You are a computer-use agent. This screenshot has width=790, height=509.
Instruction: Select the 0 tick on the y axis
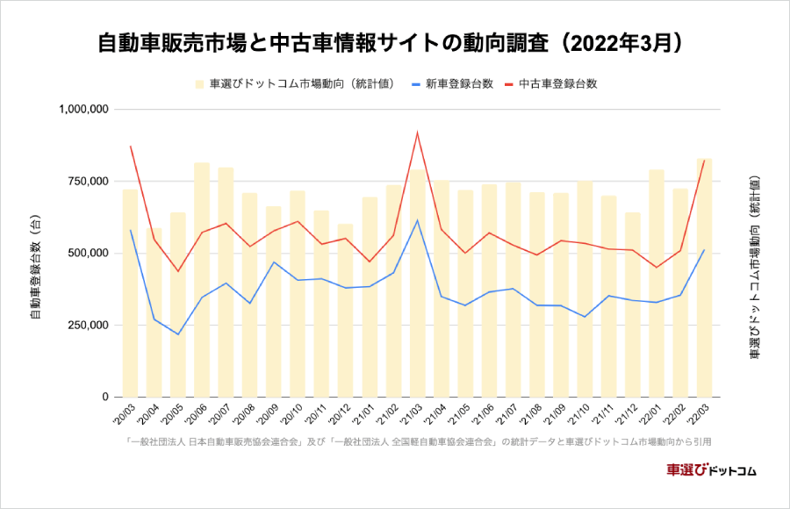coord(104,398)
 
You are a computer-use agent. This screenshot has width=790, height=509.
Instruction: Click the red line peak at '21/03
coord(418,133)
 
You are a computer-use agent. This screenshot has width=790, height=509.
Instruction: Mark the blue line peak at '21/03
coord(418,219)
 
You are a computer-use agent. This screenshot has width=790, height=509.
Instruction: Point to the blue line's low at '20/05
coord(178,334)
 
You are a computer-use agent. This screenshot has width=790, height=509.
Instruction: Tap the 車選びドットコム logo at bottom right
coord(711,470)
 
